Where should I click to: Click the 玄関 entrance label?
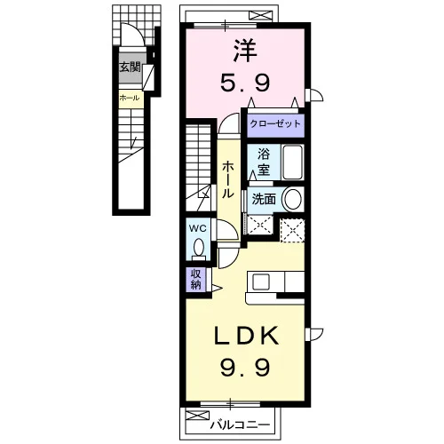[x=130, y=67]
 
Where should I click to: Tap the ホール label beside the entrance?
[x=130, y=98]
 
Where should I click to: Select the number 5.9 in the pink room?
[x=244, y=83]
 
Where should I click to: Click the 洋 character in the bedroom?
[x=245, y=51]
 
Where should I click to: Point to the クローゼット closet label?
[x=275, y=123]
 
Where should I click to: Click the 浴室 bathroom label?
[x=263, y=162]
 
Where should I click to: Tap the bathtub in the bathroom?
[x=292, y=163]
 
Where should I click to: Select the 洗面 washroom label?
[x=264, y=199]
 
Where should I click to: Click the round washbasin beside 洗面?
[x=292, y=199]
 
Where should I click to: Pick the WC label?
[x=198, y=228]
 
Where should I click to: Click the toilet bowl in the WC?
[x=198, y=249]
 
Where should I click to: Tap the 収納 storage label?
[x=195, y=279]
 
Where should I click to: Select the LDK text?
[x=247, y=335]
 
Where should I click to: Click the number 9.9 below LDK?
[x=244, y=367]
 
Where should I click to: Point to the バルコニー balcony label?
[x=240, y=425]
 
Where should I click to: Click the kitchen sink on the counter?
[x=261, y=281]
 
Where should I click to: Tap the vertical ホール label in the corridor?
[x=228, y=179]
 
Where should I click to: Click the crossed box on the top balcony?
[x=260, y=15]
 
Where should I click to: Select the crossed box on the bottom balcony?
[x=197, y=415]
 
